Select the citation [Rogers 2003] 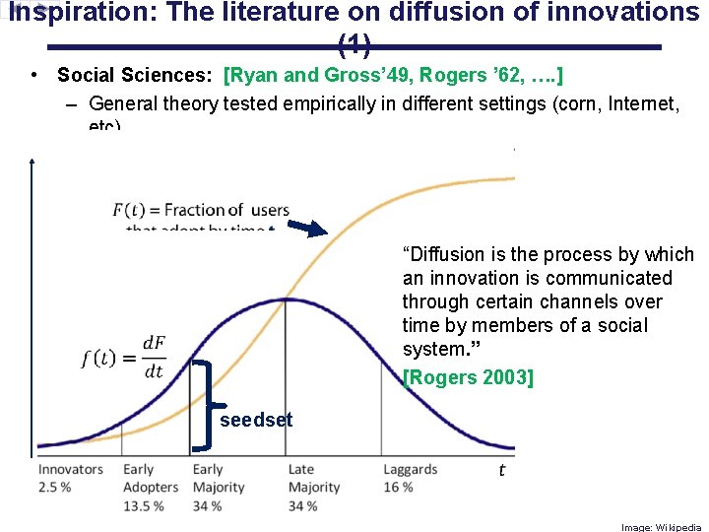click(468, 376)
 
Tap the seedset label click(256, 420)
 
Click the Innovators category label click(70, 470)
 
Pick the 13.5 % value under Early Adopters click(143, 505)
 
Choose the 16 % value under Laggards click(398, 488)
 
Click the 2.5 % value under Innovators click(55, 488)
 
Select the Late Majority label click(313, 479)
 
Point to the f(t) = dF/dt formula click(124, 357)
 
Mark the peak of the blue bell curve click(286, 299)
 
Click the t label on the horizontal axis click(501, 470)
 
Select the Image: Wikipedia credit click(660, 526)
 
